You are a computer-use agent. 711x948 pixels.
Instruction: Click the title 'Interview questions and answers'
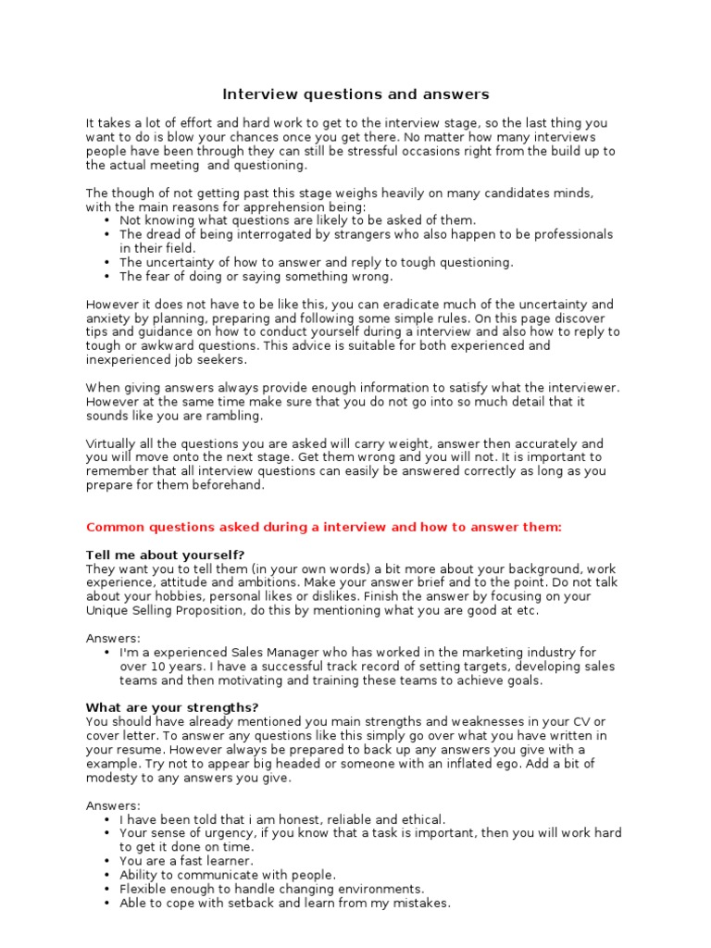tap(355, 94)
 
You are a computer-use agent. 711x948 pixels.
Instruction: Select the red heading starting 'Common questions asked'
tap(323, 527)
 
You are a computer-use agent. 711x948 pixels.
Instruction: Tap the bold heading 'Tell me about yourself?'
tap(165, 555)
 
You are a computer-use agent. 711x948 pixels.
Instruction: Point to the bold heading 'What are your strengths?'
tap(171, 708)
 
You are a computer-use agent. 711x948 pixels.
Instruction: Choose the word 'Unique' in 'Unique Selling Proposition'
tap(107, 610)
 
